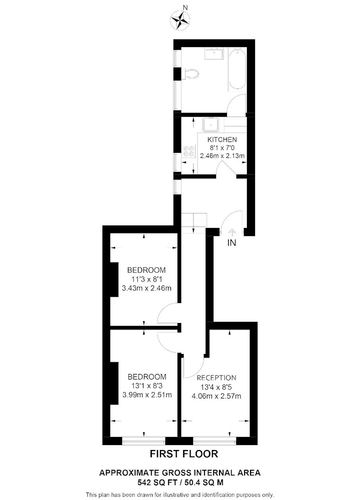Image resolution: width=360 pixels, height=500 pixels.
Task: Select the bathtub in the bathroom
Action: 237,69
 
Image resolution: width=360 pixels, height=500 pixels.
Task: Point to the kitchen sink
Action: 211,124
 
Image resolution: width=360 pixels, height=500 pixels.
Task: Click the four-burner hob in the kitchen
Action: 188,151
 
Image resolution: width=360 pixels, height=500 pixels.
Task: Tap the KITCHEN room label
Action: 222,139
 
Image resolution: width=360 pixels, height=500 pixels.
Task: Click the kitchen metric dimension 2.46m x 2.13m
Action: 222,156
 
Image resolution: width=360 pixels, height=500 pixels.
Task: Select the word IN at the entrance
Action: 232,243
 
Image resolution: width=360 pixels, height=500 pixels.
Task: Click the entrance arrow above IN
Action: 232,232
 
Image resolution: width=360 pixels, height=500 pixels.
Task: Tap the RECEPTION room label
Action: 216,378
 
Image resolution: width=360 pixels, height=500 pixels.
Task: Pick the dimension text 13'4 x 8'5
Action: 216,387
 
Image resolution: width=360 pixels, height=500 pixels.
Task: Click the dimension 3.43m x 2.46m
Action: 146,288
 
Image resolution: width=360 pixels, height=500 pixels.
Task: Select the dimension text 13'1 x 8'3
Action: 147,385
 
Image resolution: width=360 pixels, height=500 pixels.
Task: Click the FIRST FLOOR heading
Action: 184,454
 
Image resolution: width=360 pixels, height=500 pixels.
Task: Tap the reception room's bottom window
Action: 214,441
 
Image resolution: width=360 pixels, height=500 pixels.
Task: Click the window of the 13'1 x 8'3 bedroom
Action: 144,441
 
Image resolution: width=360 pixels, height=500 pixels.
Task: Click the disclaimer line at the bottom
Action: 180,495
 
